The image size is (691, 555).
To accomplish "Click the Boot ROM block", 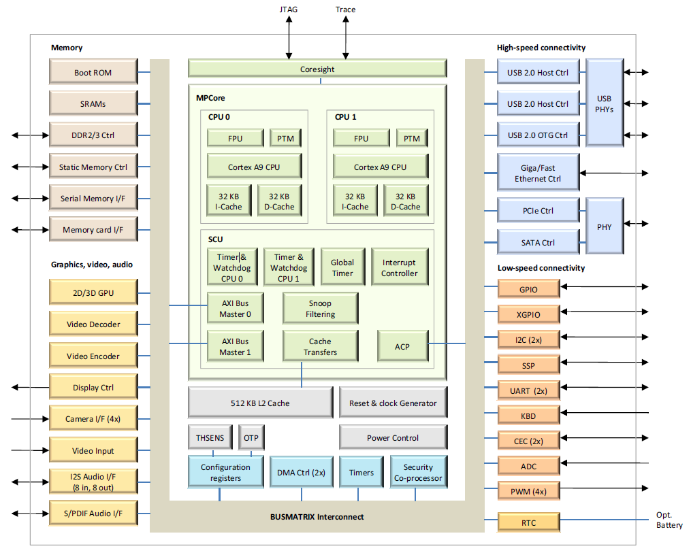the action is coord(93,71).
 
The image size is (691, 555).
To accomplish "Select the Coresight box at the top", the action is coord(317,69).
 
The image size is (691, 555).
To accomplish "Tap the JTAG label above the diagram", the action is coord(289,10).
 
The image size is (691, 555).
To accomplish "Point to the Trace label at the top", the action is coord(346,10).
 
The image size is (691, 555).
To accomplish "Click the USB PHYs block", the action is coord(604,103).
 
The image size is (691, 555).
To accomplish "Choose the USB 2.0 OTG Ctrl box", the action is coord(538,135).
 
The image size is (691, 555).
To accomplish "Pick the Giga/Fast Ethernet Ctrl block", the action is coord(538,173).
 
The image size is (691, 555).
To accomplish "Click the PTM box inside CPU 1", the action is coord(412,138).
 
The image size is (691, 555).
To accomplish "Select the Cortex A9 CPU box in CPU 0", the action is coord(255,167).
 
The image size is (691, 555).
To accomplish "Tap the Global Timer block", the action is coord(343,267).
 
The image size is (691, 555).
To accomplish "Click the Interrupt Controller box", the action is coord(400,267).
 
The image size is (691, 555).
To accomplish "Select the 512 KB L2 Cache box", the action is coord(261,403).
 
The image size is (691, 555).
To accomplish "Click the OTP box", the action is coord(251,437).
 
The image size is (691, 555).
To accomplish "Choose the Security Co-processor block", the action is coord(419,472).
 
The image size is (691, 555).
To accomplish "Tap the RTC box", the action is coord(529,522).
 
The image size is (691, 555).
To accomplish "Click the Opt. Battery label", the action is coord(669,520).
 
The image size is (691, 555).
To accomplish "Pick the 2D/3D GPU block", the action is coord(93,292).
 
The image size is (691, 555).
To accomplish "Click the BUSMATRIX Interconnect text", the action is coord(317,517).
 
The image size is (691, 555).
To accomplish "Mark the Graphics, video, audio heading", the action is coord(92,265).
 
